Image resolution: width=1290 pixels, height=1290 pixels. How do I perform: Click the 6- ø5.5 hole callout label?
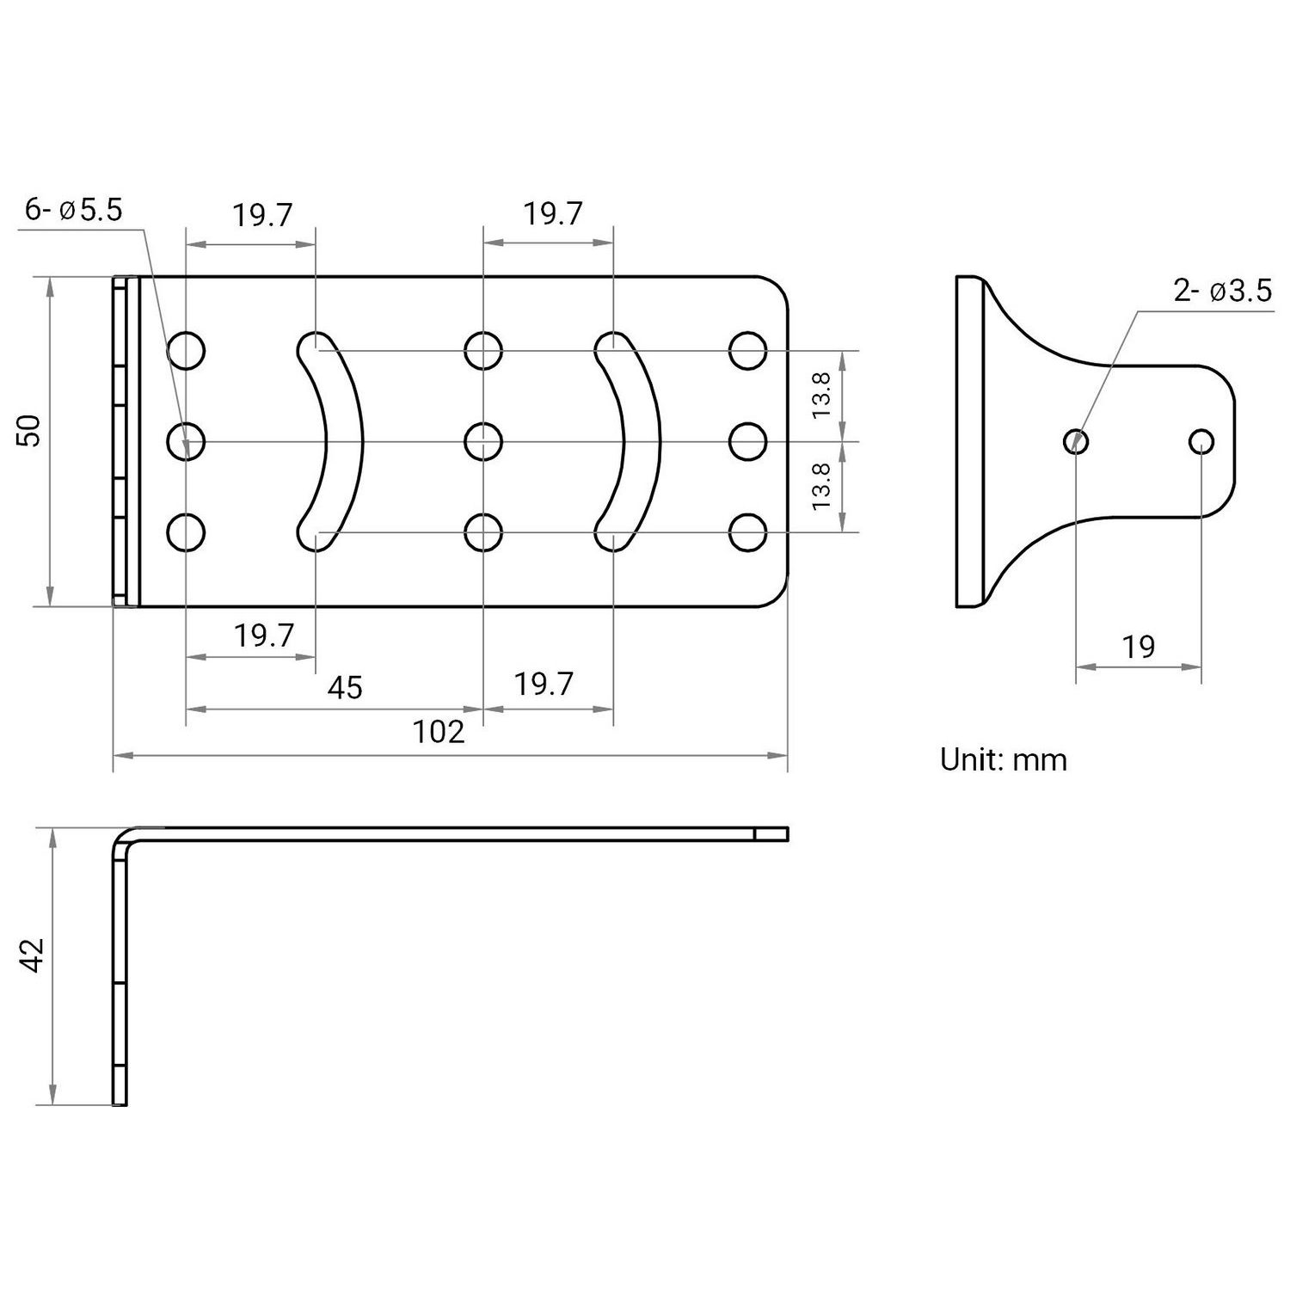(x=74, y=209)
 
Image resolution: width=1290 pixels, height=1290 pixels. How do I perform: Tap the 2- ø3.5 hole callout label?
(x=1222, y=292)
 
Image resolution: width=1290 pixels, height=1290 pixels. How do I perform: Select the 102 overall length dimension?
(x=439, y=732)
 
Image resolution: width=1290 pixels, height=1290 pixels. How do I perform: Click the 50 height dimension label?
(x=30, y=430)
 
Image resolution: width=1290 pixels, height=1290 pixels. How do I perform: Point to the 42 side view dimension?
(x=33, y=955)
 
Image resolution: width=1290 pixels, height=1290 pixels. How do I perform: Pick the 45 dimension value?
(x=345, y=687)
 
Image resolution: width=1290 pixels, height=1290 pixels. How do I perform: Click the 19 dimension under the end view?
(x=1139, y=647)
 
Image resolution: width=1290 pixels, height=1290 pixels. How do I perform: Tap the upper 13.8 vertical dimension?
(x=822, y=396)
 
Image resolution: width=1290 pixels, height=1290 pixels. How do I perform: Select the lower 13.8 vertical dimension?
(x=822, y=486)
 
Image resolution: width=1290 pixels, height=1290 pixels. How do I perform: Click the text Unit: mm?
(x=1003, y=760)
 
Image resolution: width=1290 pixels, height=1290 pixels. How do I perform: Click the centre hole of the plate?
(x=483, y=442)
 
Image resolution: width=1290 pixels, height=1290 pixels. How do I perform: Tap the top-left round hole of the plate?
(x=186, y=351)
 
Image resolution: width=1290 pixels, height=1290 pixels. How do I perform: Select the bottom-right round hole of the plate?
(x=747, y=532)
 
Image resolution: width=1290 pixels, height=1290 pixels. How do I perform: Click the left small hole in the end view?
(x=1076, y=442)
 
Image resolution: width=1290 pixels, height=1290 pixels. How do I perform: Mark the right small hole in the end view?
(x=1201, y=442)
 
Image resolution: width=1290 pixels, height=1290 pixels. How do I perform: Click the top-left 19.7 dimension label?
(x=263, y=215)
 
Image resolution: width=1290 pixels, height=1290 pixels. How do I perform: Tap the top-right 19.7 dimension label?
(x=554, y=213)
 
